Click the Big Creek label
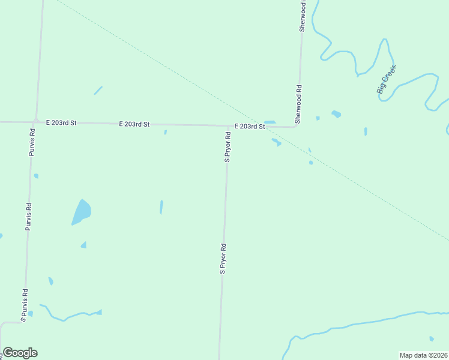tap(387, 79)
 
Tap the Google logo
tap(20, 353)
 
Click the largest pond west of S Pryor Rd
tap(81, 212)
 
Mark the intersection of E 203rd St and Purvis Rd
tap(36, 122)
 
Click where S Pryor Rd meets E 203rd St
tap(229, 126)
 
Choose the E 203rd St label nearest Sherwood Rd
tap(250, 127)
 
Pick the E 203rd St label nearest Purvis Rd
tap(62, 122)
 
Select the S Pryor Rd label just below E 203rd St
tap(228, 148)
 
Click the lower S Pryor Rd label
tap(223, 259)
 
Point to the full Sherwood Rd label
tap(298, 104)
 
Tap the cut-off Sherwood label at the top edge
tap(303, 16)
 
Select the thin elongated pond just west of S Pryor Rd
tap(161, 207)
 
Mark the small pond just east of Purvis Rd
tap(36, 176)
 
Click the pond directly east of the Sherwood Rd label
tap(336, 113)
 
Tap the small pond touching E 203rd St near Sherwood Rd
tap(270, 122)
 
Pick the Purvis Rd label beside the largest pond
tap(28, 217)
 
